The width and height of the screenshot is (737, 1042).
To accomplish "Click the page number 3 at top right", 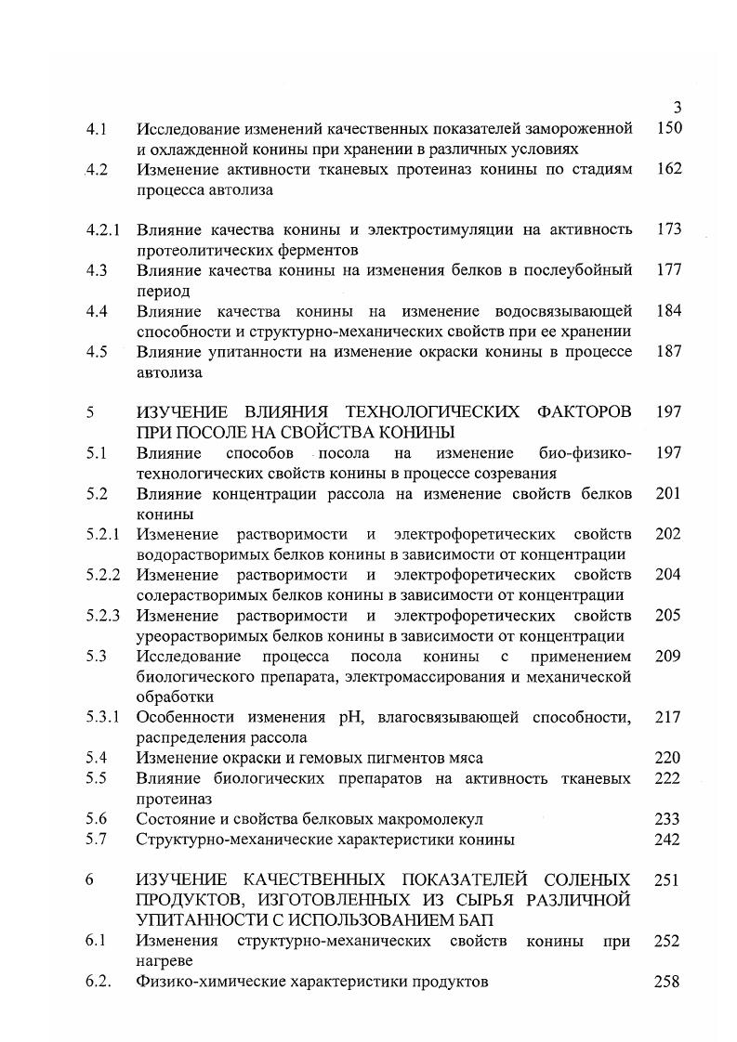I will pyautogui.click(x=677, y=107).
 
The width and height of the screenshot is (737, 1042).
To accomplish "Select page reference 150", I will pyautogui.click(x=667, y=128).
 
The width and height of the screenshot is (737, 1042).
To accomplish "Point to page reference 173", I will pyautogui.click(x=667, y=229).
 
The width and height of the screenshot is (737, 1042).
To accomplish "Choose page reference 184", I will pyautogui.click(x=667, y=310).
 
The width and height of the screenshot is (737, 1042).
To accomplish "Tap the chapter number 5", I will pyautogui.click(x=91, y=412).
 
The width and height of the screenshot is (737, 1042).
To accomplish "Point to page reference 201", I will pyautogui.click(x=667, y=493).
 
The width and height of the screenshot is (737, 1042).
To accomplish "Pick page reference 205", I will pyautogui.click(x=667, y=616).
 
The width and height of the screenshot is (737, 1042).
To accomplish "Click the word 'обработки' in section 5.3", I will pyautogui.click(x=175, y=697).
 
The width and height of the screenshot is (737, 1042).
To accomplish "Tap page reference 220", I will pyautogui.click(x=667, y=758).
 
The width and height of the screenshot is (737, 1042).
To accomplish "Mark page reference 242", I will pyautogui.click(x=667, y=840).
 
